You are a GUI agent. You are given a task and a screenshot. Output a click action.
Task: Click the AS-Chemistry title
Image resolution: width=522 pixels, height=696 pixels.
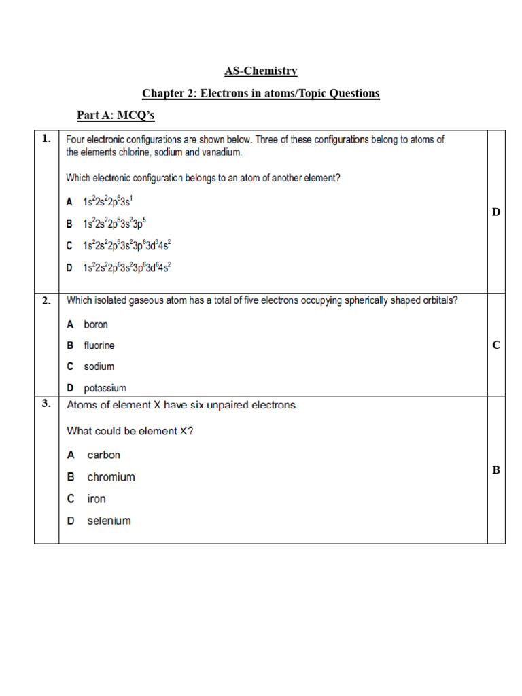(x=261, y=71)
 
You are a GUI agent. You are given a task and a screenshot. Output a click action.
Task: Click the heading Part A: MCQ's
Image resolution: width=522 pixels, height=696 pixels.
(x=116, y=116)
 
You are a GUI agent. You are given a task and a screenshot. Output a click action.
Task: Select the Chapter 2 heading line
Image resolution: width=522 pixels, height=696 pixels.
(x=261, y=93)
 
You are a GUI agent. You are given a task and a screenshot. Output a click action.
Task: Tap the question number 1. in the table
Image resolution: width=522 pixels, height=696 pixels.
(x=46, y=139)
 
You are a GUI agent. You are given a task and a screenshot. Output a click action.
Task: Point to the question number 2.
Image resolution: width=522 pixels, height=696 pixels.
(x=46, y=301)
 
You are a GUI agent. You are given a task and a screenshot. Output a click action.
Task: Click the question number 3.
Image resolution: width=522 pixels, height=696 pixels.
(x=46, y=404)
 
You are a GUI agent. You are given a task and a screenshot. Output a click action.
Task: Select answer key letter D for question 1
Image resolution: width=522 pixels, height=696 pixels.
(x=496, y=213)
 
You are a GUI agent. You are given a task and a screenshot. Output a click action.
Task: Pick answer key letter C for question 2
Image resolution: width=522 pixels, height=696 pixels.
(x=496, y=345)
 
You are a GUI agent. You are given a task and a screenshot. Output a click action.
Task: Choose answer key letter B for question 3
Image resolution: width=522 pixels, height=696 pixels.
(x=496, y=470)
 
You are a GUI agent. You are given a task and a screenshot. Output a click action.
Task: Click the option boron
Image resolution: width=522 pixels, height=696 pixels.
(x=96, y=324)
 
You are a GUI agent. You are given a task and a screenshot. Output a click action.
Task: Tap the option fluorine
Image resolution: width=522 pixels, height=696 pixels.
(x=99, y=345)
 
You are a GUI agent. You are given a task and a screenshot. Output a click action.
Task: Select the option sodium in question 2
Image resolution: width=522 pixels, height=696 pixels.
(x=99, y=366)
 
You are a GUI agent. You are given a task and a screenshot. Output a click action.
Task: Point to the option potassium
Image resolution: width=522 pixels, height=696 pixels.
(x=105, y=388)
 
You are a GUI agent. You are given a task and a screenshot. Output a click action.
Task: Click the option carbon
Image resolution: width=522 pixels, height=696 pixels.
(x=103, y=455)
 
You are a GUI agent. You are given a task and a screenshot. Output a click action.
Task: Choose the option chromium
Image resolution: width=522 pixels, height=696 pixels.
(x=111, y=477)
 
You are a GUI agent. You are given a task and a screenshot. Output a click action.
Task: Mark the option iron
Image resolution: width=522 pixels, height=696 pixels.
(x=97, y=499)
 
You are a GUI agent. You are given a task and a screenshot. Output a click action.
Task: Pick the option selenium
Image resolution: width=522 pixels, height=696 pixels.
(x=109, y=521)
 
